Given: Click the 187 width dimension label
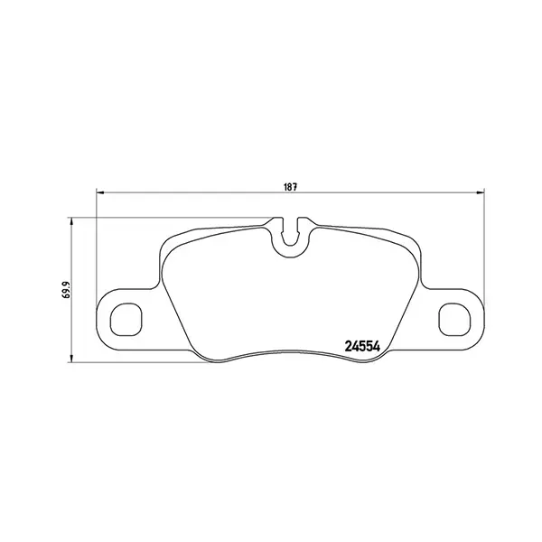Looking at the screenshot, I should (x=290, y=186).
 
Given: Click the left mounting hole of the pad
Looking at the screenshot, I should (x=126, y=318).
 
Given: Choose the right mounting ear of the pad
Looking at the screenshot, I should (x=456, y=318).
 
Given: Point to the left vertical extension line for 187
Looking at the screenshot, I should (x=96, y=253).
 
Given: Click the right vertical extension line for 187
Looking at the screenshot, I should (x=483, y=253).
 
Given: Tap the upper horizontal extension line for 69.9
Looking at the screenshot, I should (x=172, y=217).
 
